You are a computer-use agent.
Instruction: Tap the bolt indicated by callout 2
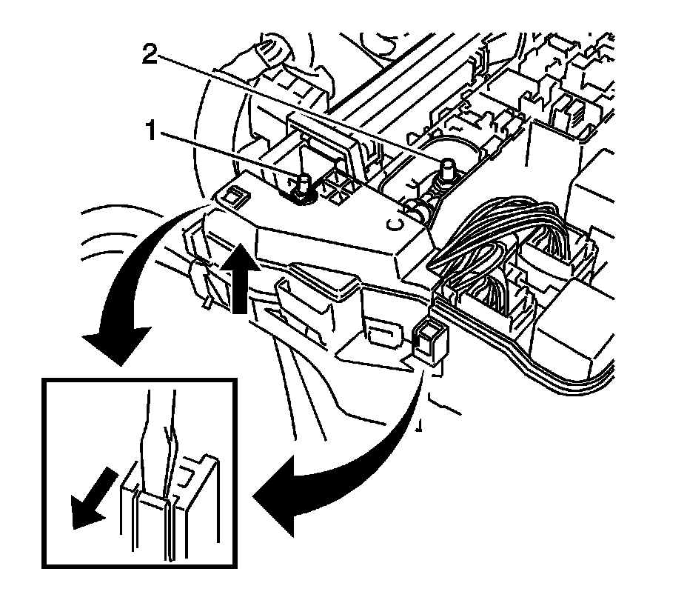[446, 170]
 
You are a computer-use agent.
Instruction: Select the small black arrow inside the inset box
[87, 499]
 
